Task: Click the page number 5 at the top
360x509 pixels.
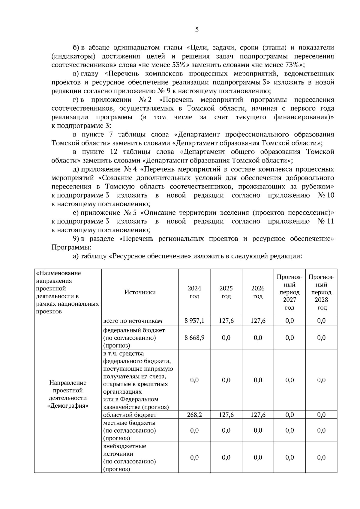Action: [x=197, y=30]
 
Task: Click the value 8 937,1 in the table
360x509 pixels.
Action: [x=194, y=321]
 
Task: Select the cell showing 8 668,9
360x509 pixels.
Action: [x=194, y=338]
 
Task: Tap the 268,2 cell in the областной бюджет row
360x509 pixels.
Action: [x=194, y=415]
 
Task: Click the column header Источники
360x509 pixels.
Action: [x=140, y=292]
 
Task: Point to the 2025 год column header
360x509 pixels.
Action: [x=226, y=292]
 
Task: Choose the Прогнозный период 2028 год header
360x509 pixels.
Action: [x=321, y=292]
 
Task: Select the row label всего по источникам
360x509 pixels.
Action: [x=133, y=321]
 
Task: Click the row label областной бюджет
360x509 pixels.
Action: [x=130, y=415]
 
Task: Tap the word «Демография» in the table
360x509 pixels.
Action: [x=68, y=406]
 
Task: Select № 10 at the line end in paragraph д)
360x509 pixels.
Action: [x=325, y=195]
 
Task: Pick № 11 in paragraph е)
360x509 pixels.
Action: [x=325, y=222]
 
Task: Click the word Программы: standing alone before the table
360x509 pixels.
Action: [x=71, y=248]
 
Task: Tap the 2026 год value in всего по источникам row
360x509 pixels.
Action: [x=258, y=321]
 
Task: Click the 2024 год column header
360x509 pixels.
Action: [x=194, y=292]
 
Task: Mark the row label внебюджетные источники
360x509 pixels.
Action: [x=124, y=450]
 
